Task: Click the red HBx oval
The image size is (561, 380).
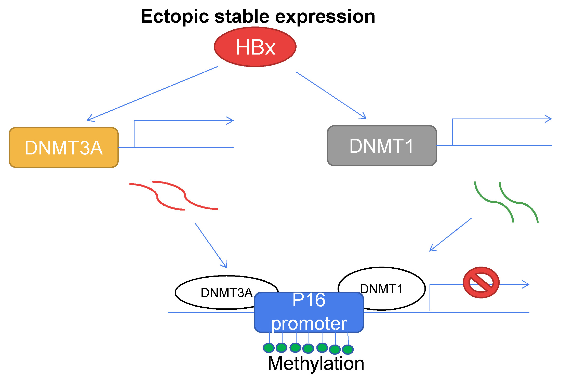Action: (255, 47)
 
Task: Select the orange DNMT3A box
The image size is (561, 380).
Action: (64, 148)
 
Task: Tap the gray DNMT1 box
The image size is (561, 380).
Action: (382, 146)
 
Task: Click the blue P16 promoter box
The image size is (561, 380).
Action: (309, 312)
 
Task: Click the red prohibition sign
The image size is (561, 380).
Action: (481, 282)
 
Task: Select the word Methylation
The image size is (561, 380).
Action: (316, 363)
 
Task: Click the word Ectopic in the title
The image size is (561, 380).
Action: (175, 17)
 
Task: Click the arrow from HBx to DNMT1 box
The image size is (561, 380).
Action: (331, 96)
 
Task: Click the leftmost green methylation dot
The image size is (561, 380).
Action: (269, 348)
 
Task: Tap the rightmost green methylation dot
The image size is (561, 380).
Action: (348, 349)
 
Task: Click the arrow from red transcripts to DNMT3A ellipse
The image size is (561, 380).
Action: (211, 245)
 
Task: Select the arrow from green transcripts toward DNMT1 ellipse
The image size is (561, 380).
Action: (450, 235)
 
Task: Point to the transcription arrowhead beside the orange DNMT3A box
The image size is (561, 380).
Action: (230, 121)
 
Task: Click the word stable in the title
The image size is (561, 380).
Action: (242, 17)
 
